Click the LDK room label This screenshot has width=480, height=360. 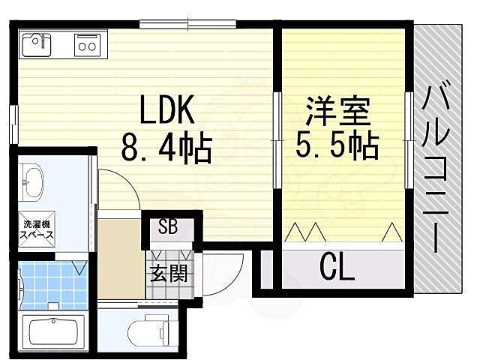pos(166,112)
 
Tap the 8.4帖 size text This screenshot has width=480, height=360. pos(166,148)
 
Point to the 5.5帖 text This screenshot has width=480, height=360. pos(337,145)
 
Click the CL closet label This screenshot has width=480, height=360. pos(337,267)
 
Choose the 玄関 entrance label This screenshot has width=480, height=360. pos(167,272)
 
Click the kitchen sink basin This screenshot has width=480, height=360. pos(36,45)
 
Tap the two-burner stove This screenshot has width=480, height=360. pos(89,45)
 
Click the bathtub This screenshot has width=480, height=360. pos(55,331)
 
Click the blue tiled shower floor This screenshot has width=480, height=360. pos(52,283)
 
